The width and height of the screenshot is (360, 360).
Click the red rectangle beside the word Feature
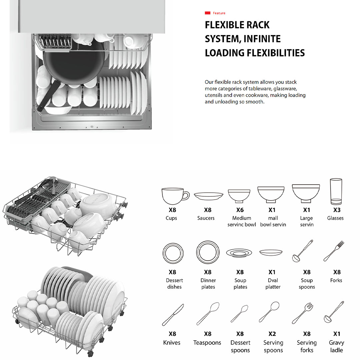coord(207,13)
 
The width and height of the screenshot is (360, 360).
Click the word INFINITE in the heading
coord(262,39)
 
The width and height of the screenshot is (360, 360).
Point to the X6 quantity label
coord(240,210)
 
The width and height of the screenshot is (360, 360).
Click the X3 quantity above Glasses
coord(337,210)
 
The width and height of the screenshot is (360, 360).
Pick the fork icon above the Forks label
coord(334,251)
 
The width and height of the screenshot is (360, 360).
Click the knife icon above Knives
coord(173,315)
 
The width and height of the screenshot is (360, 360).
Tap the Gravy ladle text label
coord(336,346)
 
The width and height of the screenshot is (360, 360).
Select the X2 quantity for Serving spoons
coord(272,334)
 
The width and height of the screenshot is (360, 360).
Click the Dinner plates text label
coord(208,284)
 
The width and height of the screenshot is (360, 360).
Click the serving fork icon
coord(303,313)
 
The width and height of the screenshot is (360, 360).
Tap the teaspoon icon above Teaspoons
coord(208,313)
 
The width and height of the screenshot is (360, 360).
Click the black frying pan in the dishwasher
coord(73,63)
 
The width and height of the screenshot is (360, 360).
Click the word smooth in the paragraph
coord(255,102)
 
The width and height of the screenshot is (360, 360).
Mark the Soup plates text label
coord(240,284)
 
